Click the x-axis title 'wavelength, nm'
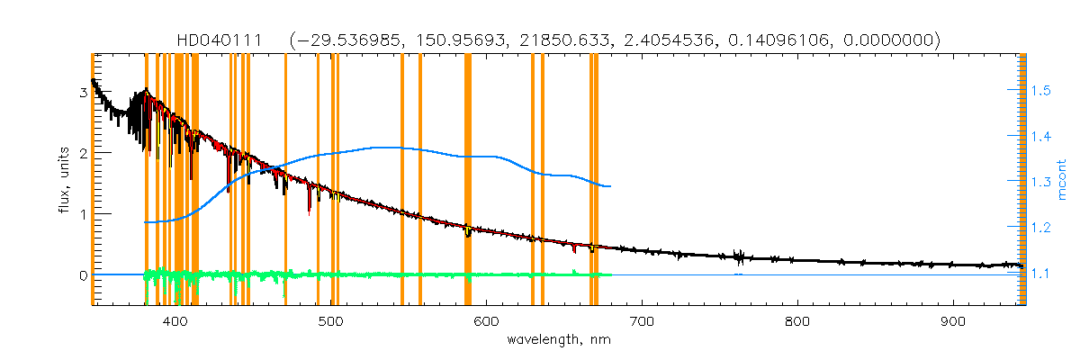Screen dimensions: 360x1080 point(558,341)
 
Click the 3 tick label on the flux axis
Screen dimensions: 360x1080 point(83,93)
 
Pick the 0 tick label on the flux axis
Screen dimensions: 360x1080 point(83,275)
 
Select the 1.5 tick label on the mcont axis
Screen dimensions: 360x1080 point(1041,92)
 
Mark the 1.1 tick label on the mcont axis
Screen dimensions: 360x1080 point(1041,274)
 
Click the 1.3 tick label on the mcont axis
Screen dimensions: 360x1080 point(1041,183)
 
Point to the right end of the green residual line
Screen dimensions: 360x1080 point(611,274)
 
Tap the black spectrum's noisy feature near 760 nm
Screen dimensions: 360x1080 point(739,256)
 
